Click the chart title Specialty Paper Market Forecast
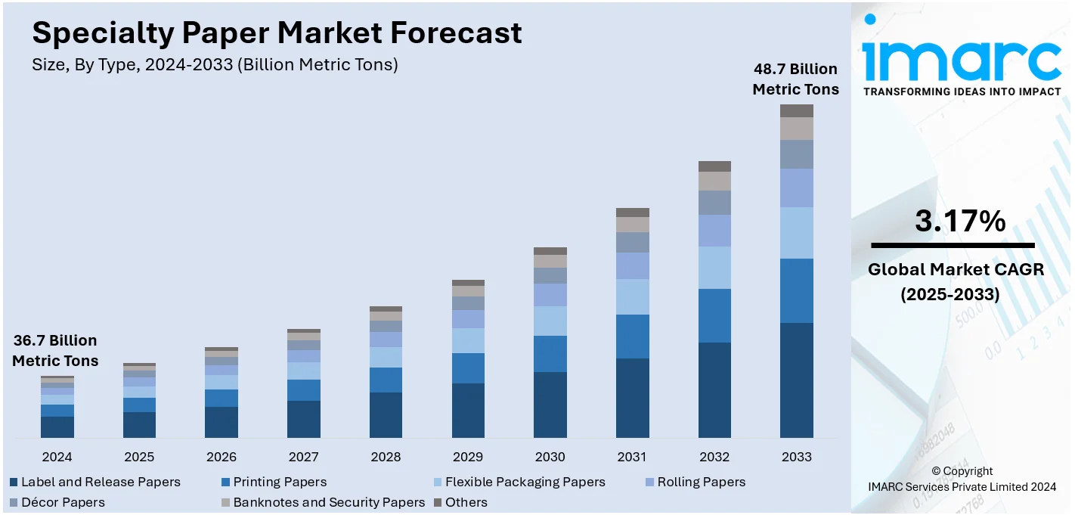click(277, 33)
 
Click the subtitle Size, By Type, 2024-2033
click(215, 65)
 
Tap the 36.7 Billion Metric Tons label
click(55, 351)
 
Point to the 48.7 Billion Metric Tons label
click(795, 79)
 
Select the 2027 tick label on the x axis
click(303, 457)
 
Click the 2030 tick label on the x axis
click(550, 457)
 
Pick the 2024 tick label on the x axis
click(57, 457)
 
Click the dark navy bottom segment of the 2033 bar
click(796, 380)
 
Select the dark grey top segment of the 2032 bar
click(714, 166)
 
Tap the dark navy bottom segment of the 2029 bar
click(468, 411)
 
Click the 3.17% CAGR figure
click(960, 222)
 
